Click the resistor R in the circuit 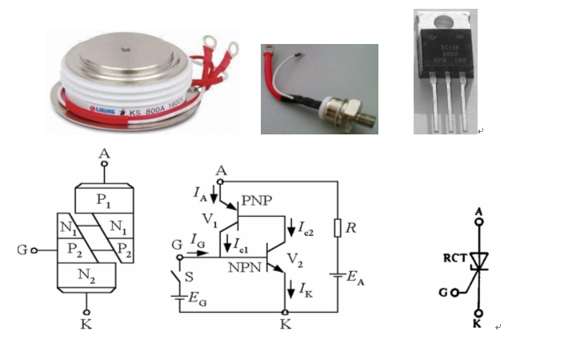click(338, 228)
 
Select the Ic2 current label click(304, 230)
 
